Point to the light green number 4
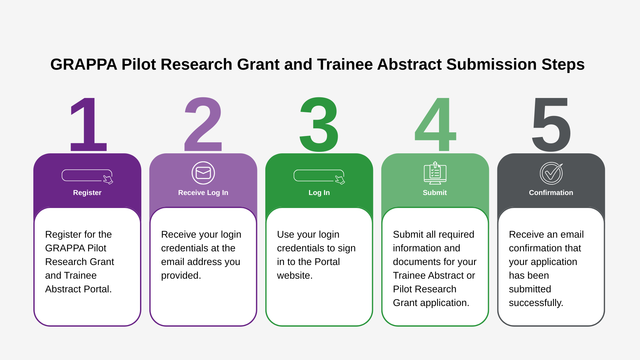435,125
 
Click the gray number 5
551,125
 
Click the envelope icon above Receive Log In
203,173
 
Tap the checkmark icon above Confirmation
551,173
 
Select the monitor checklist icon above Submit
435,173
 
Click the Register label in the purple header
87,193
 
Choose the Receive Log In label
203,193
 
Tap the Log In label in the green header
319,193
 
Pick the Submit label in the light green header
435,193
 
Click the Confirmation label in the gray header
551,193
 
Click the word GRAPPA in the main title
84,64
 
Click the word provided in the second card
180,276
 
